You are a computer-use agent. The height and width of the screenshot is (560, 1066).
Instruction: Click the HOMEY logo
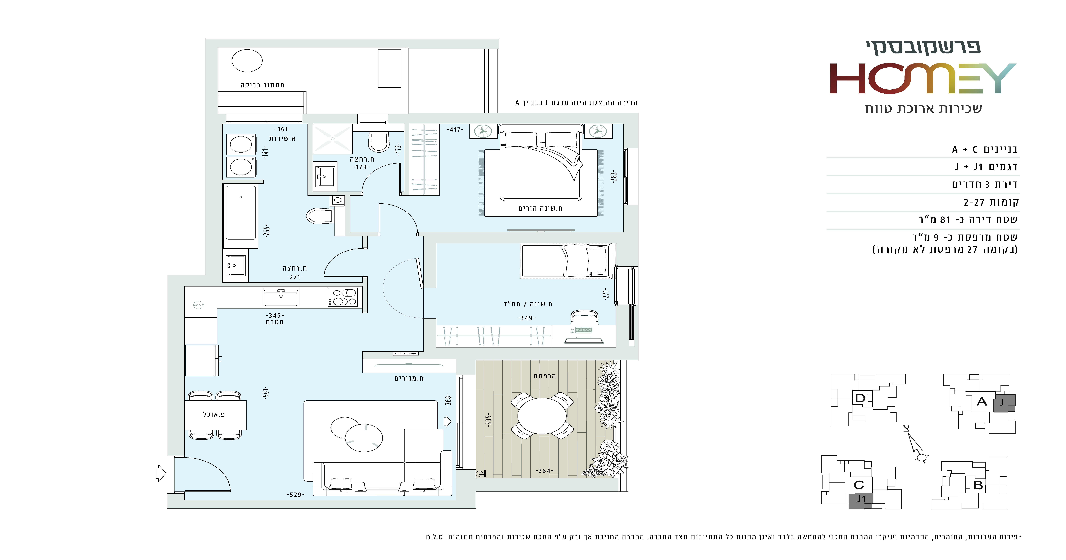coord(923,79)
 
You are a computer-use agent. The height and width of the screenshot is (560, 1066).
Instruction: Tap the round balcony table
coord(542,415)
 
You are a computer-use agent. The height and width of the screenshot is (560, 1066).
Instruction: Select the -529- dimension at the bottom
coord(295,495)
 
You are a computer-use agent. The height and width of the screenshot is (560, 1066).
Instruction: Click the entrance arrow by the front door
coord(161,473)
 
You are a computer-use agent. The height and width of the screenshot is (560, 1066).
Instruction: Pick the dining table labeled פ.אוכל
coord(215,415)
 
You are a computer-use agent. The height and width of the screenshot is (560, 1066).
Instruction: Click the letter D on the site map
coord(860,398)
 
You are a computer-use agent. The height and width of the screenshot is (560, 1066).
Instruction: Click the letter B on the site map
coord(978,485)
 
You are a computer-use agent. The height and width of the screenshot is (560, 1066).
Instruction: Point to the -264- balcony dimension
coord(544,471)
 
